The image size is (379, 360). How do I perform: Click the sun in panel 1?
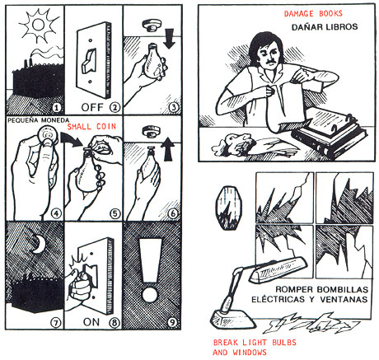pos(38,26)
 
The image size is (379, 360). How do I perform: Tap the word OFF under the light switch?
pos(92,107)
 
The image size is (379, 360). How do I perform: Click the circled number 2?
pos(115,107)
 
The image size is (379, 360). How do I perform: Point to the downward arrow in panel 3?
pos(170,38)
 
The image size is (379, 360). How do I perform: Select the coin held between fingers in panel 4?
pos(49,134)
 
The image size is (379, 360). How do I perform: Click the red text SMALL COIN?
pos(91,127)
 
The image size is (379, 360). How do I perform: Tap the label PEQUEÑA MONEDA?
pos(38,120)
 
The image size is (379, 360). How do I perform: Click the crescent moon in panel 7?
pos(39,244)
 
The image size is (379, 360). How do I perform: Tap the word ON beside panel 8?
pos(91,322)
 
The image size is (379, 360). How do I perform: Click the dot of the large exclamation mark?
pos(150,293)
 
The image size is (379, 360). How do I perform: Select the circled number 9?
pos(172,322)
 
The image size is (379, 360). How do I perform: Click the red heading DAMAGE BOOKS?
pos(313,13)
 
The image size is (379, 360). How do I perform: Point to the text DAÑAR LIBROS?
pos(325,27)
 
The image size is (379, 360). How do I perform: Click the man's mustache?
pos(271,61)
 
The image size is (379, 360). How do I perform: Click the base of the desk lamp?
pos(233,319)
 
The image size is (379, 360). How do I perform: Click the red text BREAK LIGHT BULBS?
pos(255,343)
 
